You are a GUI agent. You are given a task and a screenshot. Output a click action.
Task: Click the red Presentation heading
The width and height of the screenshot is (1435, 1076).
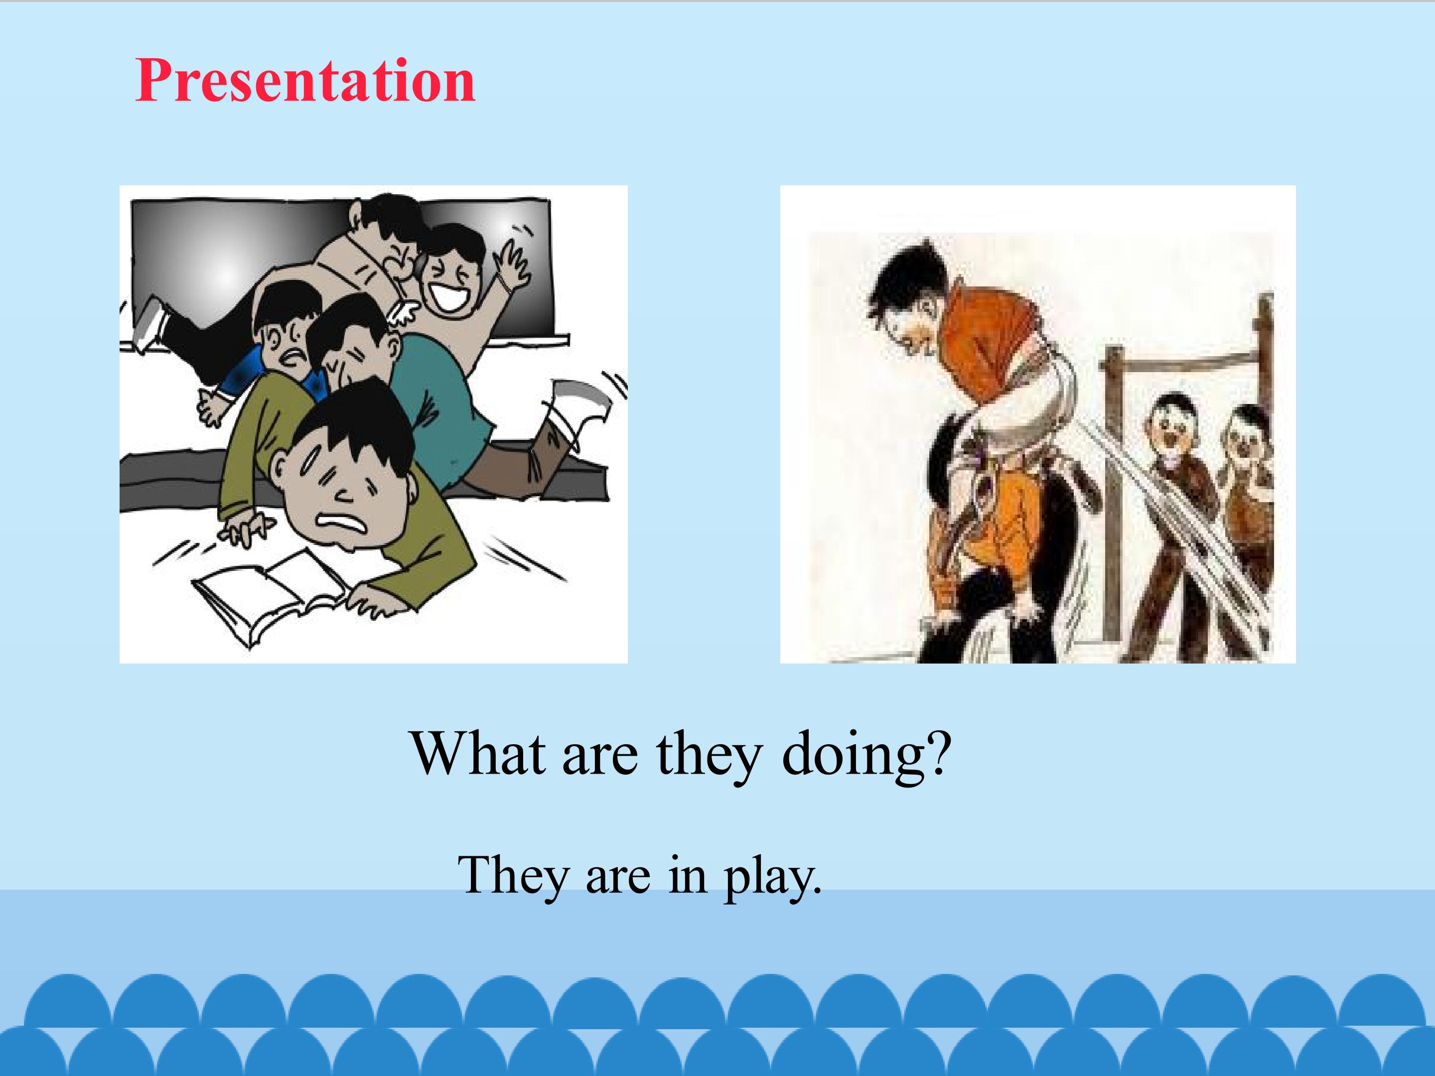305,81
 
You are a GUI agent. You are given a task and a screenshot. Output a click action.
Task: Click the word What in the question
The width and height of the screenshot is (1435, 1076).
478,754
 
